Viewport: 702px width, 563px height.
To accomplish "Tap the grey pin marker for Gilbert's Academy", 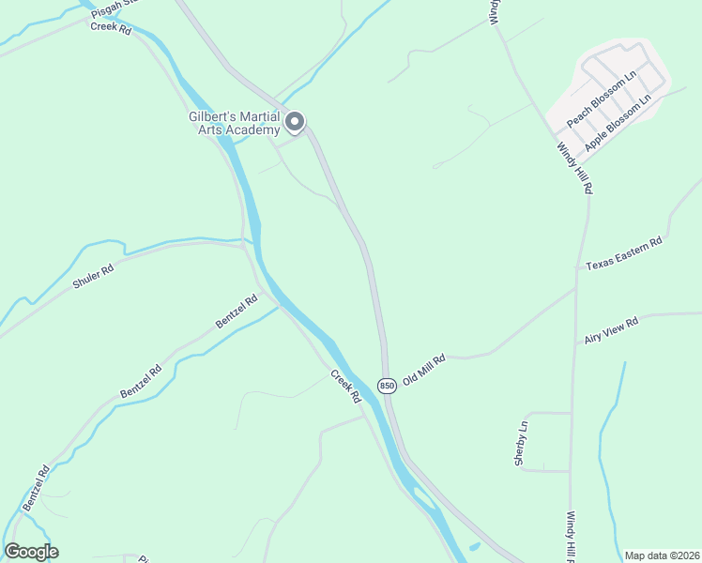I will (296, 122).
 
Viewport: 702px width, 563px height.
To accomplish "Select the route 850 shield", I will (387, 387).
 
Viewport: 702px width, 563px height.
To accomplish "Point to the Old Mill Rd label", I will (423, 369).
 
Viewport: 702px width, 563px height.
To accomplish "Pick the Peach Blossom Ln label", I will (601, 99).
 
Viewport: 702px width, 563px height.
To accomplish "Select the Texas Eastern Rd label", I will (624, 254).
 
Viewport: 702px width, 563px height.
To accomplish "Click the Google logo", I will (31, 552).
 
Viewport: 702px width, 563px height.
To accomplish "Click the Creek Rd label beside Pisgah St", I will (111, 28).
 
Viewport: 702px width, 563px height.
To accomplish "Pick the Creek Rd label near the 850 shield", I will (344, 386).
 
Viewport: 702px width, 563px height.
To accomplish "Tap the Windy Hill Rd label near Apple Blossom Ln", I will (574, 168).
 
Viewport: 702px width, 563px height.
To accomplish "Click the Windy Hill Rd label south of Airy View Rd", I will (571, 537).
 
